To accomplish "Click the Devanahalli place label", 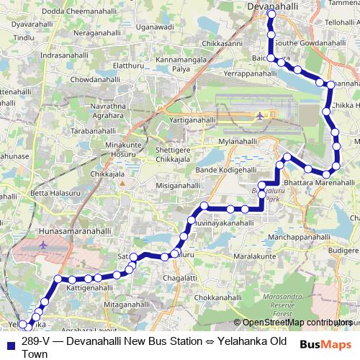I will [x=273, y=5].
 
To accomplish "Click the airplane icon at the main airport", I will [x=259, y=115].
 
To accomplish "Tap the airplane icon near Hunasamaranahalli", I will [x=43, y=245].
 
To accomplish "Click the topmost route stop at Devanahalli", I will [x=271, y=14].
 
